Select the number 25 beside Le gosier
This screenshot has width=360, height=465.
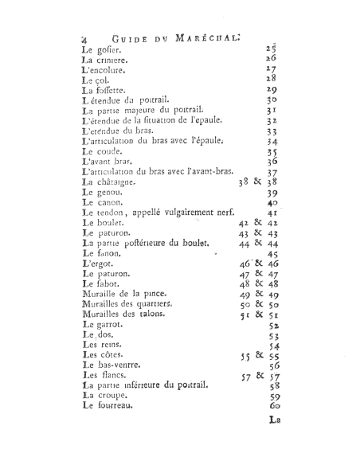[271, 49]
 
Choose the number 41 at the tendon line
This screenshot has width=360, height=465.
[272, 213]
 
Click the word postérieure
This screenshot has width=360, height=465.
[159, 244]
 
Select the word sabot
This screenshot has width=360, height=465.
[110, 284]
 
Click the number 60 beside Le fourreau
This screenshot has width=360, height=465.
[272, 408]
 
